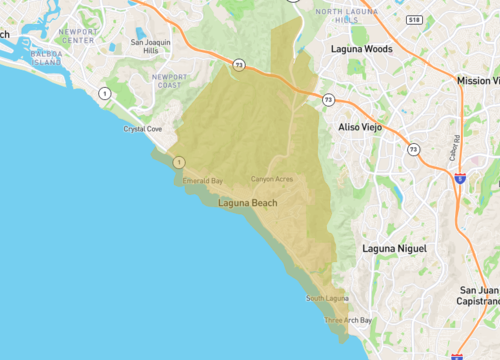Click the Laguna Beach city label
click(x=248, y=203)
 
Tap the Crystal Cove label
click(x=143, y=129)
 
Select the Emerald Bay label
click(x=202, y=181)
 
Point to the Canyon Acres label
click(x=271, y=179)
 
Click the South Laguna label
click(x=327, y=299)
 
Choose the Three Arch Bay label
click(x=348, y=320)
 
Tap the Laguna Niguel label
click(x=394, y=248)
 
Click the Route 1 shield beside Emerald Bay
click(x=178, y=161)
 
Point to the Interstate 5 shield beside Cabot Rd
click(x=459, y=178)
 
